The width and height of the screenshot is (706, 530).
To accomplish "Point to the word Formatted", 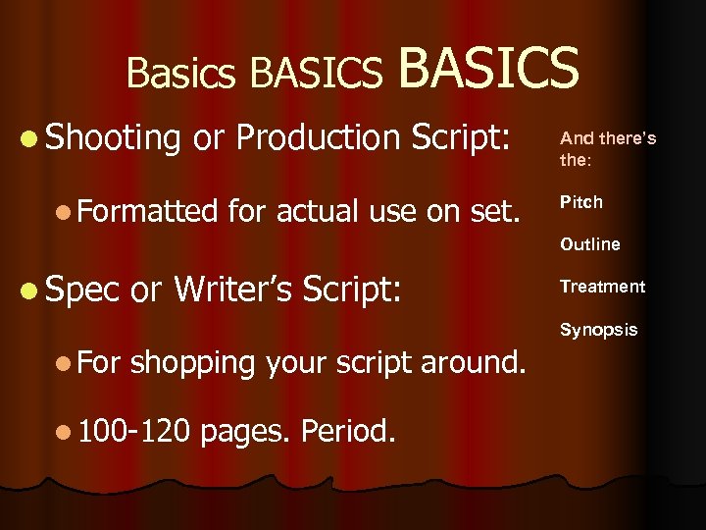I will click(150, 209).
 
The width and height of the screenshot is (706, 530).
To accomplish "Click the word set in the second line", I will click(495, 209).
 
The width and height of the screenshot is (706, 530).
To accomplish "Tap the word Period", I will click(349, 429).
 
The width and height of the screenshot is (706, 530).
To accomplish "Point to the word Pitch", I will click(581, 202).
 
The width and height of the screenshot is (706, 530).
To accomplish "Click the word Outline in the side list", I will click(590, 244).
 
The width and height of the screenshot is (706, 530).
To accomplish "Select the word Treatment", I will click(602, 287).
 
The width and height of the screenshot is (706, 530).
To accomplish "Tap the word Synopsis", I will click(598, 330).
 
